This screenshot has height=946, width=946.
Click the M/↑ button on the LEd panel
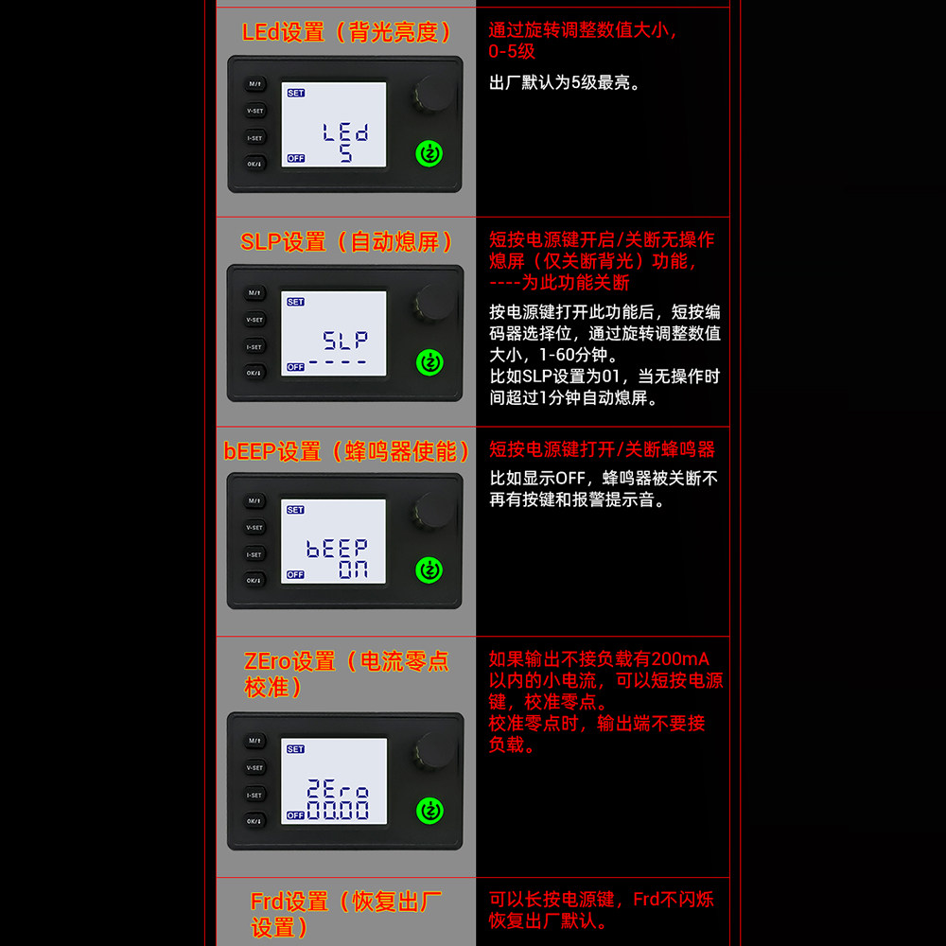(255, 84)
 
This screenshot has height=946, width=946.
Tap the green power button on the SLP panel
(429, 362)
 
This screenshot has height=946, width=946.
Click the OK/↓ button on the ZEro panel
(254, 821)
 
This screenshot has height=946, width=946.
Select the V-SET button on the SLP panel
(254, 320)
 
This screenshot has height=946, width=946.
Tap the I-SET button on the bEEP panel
(254, 554)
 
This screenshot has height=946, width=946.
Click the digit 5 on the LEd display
(345, 153)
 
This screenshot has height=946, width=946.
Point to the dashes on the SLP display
(338, 362)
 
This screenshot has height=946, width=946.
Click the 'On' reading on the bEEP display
(353, 569)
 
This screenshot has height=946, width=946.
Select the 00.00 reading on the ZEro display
(338, 810)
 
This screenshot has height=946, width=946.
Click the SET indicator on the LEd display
(295, 93)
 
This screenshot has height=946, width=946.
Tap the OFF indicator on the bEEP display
(295, 574)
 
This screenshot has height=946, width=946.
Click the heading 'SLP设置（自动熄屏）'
(347, 242)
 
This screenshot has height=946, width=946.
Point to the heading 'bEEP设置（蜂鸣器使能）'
(346, 451)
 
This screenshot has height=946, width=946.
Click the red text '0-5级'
(512, 51)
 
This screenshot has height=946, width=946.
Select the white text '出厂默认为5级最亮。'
(565, 82)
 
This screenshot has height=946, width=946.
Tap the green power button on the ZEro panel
(430, 811)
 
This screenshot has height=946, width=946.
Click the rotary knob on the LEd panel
(434, 94)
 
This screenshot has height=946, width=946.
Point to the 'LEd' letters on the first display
(345, 132)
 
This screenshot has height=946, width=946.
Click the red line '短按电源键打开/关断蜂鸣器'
(602, 449)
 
